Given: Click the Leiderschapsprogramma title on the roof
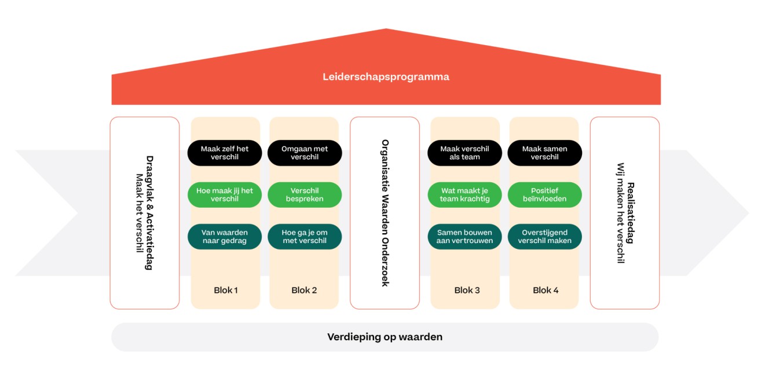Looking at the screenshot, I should pyautogui.click(x=386, y=76).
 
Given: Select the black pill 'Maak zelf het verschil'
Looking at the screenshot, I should pyautogui.click(x=225, y=153).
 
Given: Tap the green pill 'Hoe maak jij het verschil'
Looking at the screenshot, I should pyautogui.click(x=225, y=194).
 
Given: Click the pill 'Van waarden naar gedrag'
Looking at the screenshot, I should pyautogui.click(x=225, y=237).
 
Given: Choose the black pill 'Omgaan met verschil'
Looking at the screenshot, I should pyautogui.click(x=305, y=153).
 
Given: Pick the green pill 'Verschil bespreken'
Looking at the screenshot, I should pyautogui.click(x=305, y=194).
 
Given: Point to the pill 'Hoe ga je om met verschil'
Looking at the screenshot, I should pyautogui.click(x=305, y=237).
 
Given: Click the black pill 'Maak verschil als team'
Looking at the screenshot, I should pyautogui.click(x=464, y=153).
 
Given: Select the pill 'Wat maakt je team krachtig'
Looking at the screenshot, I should pyautogui.click(x=464, y=194).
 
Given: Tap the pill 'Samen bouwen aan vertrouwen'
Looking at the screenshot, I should pyautogui.click(x=464, y=237).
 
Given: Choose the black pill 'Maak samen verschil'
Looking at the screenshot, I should pyautogui.click(x=544, y=153).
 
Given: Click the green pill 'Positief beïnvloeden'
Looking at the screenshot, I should pyautogui.click(x=544, y=194).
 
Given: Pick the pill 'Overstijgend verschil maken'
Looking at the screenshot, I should pyautogui.click(x=544, y=237).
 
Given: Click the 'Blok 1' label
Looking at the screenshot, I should pyautogui.click(x=226, y=290).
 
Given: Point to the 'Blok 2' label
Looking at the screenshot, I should pyautogui.click(x=304, y=290).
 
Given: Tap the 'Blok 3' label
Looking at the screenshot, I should pyautogui.click(x=467, y=290).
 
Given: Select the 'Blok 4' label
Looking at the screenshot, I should pyautogui.click(x=546, y=290).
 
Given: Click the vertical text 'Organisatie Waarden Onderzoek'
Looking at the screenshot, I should pyautogui.click(x=385, y=213).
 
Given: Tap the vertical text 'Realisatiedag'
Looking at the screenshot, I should pyautogui.click(x=630, y=213).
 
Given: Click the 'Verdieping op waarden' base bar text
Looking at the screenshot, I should pyautogui.click(x=385, y=337).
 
